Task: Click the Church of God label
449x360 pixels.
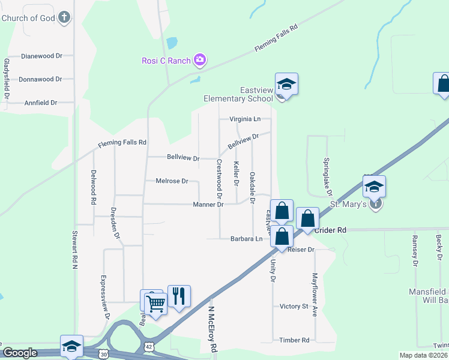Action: pyautogui.click(x=28, y=18)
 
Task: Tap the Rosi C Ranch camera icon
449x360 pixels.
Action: pyautogui.click(x=200, y=60)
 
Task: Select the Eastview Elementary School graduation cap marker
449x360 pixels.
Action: pyautogui.click(x=287, y=85)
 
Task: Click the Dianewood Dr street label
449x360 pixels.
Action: pyautogui.click(x=41, y=56)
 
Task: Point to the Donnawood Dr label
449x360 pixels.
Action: pyautogui.click(x=40, y=79)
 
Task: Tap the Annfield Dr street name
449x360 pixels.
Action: pyautogui.click(x=41, y=103)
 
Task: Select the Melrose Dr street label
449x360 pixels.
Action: pyautogui.click(x=172, y=181)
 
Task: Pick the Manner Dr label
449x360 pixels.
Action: pyautogui.click(x=208, y=205)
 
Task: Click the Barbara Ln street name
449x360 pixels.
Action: pyautogui.click(x=247, y=239)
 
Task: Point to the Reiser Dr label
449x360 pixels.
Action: pyautogui.click(x=301, y=249)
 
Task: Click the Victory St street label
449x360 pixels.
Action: pyautogui.click(x=294, y=306)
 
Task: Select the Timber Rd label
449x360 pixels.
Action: pyautogui.click(x=294, y=340)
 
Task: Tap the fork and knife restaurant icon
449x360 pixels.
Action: pyautogui.click(x=179, y=296)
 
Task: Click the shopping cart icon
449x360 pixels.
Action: pyautogui.click(x=155, y=304)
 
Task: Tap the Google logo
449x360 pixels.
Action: pyautogui.click(x=20, y=353)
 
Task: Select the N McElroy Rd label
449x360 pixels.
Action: pyautogui.click(x=212, y=329)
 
